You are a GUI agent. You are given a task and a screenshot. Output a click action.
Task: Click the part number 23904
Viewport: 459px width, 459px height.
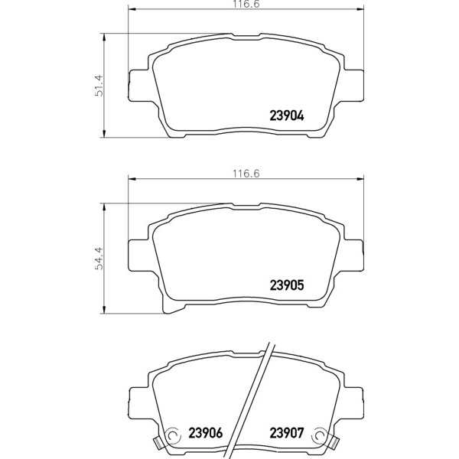point(287,116)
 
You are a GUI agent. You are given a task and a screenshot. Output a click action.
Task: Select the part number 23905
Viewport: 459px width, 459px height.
point(287,285)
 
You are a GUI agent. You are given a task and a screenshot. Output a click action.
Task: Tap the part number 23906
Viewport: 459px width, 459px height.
point(206,433)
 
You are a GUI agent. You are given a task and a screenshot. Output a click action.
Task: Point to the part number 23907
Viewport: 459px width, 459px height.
point(287,433)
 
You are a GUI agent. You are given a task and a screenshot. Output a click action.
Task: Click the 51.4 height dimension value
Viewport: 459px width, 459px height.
point(99,85)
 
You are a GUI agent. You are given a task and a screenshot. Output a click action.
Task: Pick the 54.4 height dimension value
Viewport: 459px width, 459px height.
point(99,259)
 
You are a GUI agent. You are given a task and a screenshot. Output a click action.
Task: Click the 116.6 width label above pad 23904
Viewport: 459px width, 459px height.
point(246,4)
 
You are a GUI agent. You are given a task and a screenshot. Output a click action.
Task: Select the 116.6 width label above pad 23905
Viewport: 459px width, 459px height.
point(246,174)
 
